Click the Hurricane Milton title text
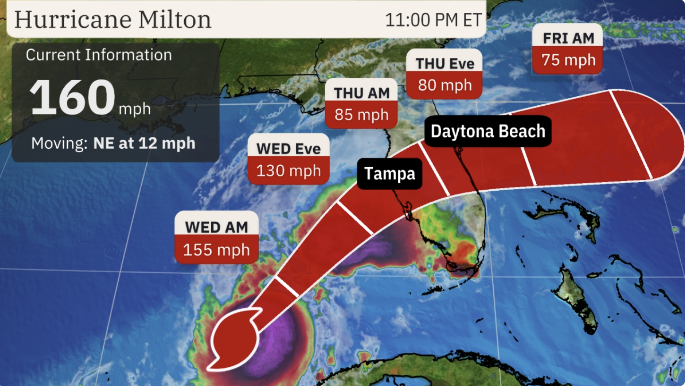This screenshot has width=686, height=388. pos(113,19)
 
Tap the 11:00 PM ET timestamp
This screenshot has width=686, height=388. pos(433,20)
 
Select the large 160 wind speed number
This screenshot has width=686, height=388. pos(72,98)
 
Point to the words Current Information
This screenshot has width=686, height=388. pos(99,55)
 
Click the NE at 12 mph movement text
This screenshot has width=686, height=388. pos(144,143)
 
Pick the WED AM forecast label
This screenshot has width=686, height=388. pos(216,227)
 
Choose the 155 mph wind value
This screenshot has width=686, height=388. pos(216,250)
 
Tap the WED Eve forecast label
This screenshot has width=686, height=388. pos(288,148)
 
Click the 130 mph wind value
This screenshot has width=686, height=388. pos(288,170)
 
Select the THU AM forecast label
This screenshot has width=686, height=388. pos(361,93)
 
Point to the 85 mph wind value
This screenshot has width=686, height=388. pos(361,115)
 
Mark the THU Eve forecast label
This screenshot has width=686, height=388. pos(445,63)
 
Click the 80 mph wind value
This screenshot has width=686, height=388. pos(445,85)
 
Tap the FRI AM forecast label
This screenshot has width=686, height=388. pos(568,38)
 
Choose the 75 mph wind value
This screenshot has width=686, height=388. pos(568,60)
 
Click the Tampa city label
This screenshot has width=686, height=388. pos(389,174)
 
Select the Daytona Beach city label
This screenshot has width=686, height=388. pos(488,131)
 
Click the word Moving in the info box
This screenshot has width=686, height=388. pos(59,143)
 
